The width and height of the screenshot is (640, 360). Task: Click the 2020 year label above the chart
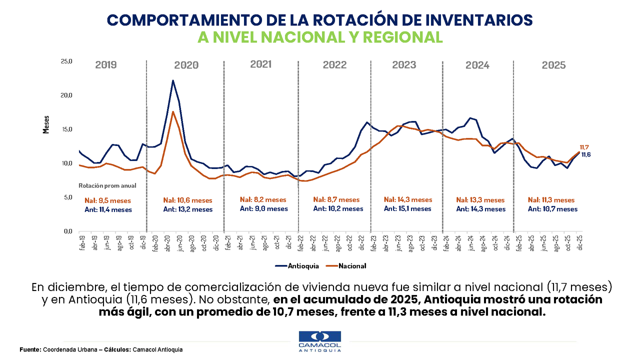pyautogui.click(x=186, y=65)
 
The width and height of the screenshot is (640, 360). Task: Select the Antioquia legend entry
pyautogui.click(x=296, y=266)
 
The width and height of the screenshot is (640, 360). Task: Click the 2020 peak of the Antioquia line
pyautogui.click(x=173, y=80)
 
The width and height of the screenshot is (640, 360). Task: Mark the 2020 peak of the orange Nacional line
pyautogui.click(x=173, y=111)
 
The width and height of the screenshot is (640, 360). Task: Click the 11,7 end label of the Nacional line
pyautogui.click(x=584, y=147)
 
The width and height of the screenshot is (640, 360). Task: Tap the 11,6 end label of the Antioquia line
pyautogui.click(x=586, y=155)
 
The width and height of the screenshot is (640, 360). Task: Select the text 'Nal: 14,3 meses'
pyautogui.click(x=408, y=200)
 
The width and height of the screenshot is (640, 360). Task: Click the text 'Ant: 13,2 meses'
pyautogui.click(x=188, y=209)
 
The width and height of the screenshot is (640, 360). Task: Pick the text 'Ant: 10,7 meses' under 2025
pyautogui.click(x=552, y=209)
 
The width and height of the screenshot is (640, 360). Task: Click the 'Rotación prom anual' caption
pyautogui.click(x=107, y=185)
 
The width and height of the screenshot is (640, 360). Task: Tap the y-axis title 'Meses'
pyautogui.click(x=46, y=124)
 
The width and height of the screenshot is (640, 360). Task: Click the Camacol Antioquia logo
pyautogui.click(x=319, y=341)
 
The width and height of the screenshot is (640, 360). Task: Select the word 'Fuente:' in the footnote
pyautogui.click(x=30, y=349)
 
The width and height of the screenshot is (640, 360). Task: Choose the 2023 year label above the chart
pyautogui.click(x=404, y=65)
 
